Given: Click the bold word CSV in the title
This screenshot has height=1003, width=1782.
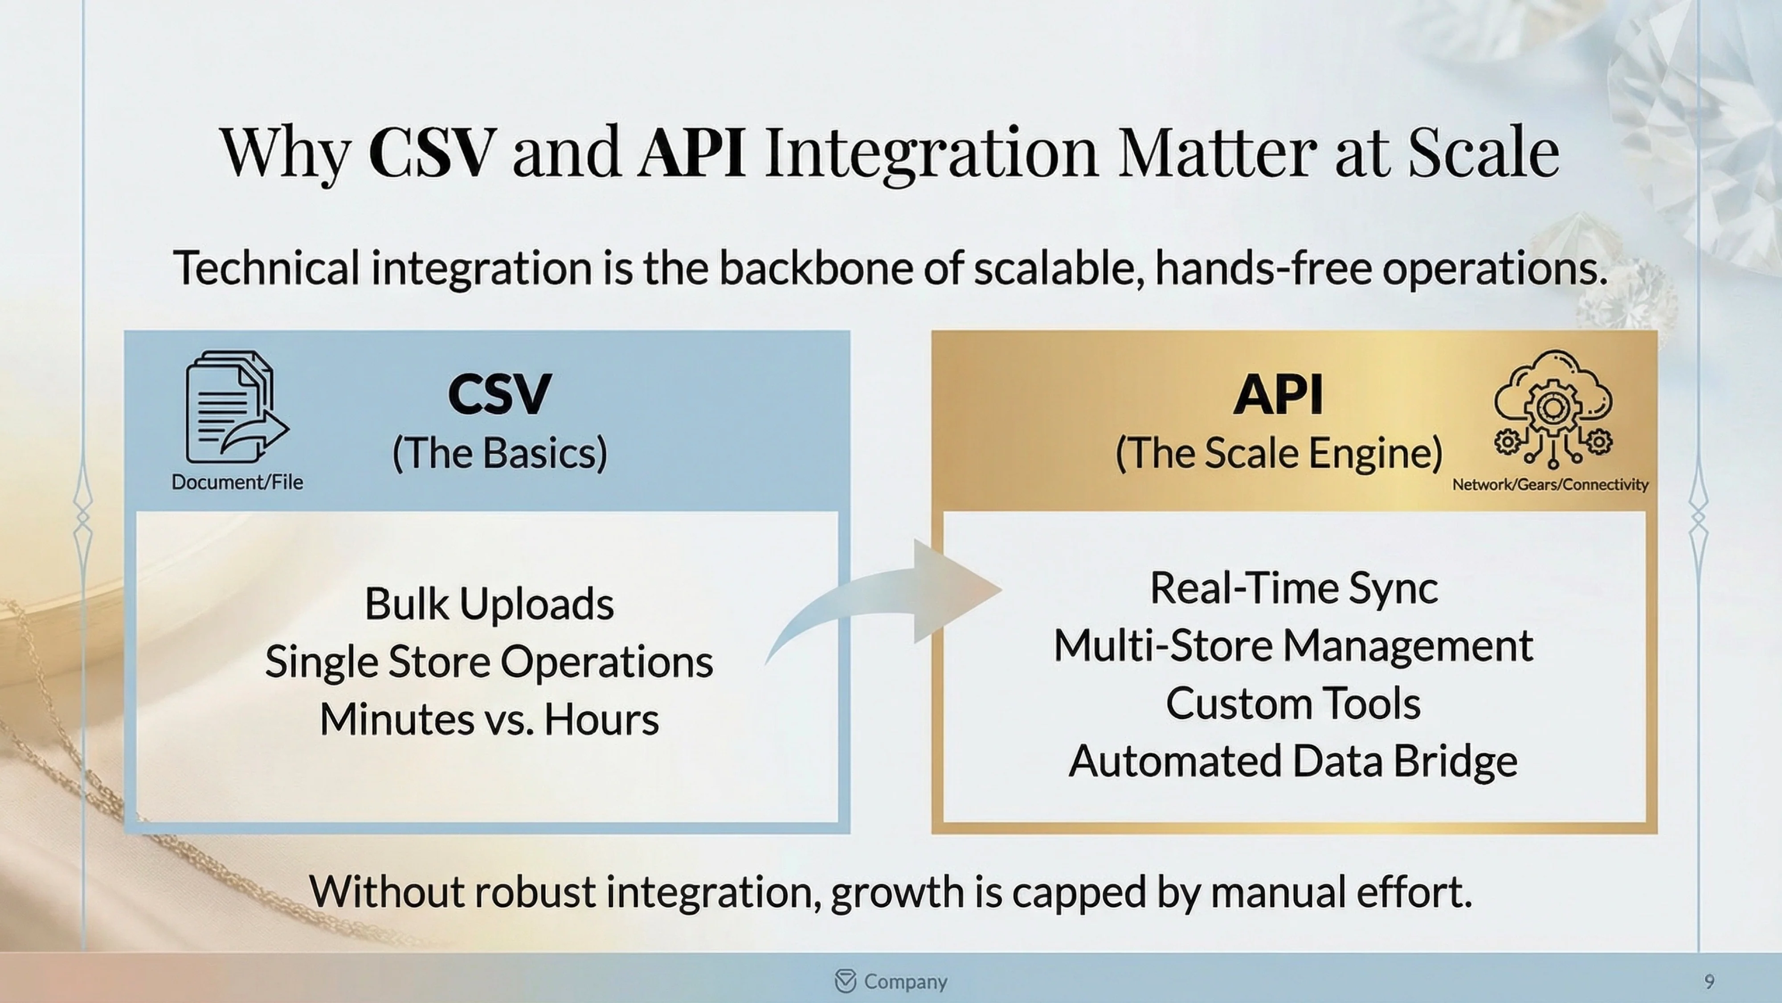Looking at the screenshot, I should pos(432,152).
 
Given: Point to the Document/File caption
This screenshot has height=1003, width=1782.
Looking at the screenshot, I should pos(237,482).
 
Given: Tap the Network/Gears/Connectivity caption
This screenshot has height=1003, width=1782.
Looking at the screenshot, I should pos(1549,485).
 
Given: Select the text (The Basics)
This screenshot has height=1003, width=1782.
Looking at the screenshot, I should pos(499,453).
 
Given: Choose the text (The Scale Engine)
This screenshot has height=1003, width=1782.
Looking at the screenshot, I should pos(1279,453).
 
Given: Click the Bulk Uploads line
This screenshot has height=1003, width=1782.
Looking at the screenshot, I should pos(489,604).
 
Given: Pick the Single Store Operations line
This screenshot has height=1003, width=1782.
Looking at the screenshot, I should pos(489,662).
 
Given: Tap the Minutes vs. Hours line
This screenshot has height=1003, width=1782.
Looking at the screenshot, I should pos(489,719).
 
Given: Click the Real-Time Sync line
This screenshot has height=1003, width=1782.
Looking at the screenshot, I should pos(1294,588).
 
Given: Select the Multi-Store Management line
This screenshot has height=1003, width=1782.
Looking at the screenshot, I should pos(1294,646).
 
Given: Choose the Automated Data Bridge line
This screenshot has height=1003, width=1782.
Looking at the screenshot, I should pos(1294,761).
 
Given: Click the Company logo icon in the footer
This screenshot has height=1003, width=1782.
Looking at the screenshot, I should pos(846,981).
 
